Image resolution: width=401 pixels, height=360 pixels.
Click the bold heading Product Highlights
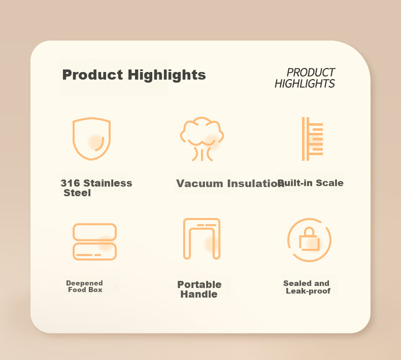point(134,75)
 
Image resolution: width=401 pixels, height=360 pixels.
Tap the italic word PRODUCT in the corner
point(311,73)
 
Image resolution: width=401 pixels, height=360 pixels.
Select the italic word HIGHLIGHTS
point(305,84)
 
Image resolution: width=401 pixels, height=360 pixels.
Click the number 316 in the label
point(71,183)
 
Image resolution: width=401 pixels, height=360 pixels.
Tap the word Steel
point(77,193)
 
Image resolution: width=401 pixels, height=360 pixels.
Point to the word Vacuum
point(199,184)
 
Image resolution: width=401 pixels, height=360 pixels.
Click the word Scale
point(329,183)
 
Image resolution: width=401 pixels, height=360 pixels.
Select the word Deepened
point(84,283)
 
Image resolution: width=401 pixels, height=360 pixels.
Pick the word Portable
point(199,284)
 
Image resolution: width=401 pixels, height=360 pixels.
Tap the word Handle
point(199,294)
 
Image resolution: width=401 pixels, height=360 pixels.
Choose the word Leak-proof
point(308,291)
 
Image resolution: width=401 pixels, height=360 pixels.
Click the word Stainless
point(108,183)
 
